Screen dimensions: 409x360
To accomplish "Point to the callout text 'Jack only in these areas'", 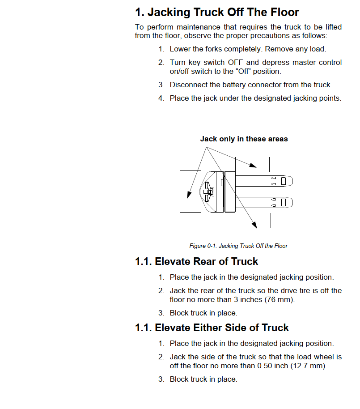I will [244, 139].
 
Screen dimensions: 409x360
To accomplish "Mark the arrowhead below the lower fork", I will [254, 225].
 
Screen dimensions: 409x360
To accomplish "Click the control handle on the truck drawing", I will [208, 192].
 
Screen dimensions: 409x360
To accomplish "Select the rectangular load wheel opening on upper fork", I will [284, 181].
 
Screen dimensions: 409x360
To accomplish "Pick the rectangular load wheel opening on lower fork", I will [284, 202].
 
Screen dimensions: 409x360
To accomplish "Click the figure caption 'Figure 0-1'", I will [238, 246].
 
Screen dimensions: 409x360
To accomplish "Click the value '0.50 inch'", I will [271, 366].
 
